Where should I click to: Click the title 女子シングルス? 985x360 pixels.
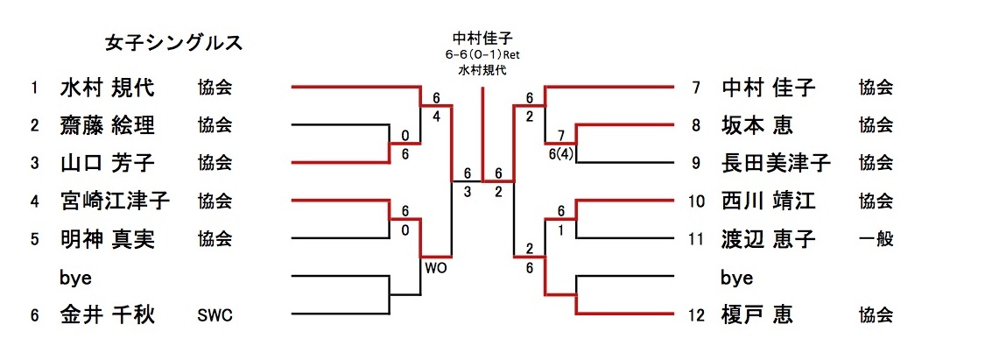(173, 43)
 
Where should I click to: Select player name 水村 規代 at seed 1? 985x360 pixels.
(107, 88)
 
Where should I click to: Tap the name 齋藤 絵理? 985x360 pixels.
(107, 125)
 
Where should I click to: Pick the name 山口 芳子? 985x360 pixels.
(107, 162)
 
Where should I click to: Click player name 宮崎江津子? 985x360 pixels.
(115, 201)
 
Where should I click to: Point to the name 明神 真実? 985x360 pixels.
(107, 239)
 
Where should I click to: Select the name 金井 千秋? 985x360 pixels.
(107, 314)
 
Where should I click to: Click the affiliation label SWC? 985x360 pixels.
(215, 315)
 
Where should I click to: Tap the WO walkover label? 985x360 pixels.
(435, 268)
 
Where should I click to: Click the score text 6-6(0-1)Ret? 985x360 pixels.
(482, 54)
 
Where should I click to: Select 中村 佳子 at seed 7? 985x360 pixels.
(769, 88)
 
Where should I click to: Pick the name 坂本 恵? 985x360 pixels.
(757, 125)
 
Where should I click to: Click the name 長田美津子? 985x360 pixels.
(776, 163)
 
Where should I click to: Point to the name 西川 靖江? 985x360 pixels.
(769, 201)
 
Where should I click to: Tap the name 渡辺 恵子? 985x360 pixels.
(769, 239)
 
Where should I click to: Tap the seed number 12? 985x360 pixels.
(695, 315)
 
